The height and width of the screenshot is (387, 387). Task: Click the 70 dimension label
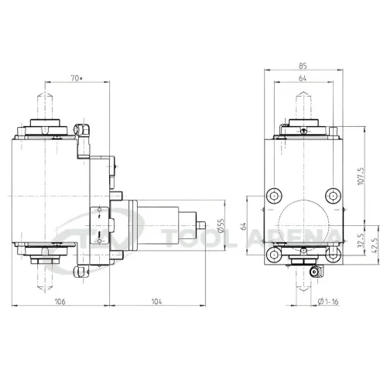pos(75,78)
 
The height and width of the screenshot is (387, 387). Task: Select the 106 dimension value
pos(60,301)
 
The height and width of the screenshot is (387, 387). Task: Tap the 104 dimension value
pos(156,301)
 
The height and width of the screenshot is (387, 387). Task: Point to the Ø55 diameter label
pos(221,226)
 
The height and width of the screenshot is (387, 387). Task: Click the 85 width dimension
pos(303,66)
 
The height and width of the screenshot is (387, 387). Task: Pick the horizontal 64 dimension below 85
pos(303,78)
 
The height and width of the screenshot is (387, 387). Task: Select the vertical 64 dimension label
pos(243,226)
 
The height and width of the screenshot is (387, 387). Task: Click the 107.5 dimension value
pos(361,176)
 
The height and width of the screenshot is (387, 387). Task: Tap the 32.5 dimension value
pos(361,241)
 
